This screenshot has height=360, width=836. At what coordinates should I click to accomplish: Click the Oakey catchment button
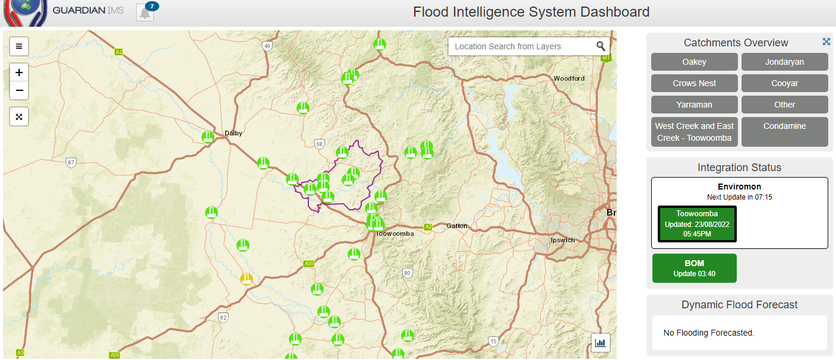point(694,62)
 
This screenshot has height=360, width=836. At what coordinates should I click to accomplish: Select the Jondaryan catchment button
point(784,62)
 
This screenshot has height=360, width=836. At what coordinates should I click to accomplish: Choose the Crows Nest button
point(694,83)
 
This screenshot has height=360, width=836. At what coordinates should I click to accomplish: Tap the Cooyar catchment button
point(784,83)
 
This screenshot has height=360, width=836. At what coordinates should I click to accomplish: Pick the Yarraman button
point(694,105)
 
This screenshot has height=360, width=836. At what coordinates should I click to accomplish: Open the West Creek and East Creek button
point(694,131)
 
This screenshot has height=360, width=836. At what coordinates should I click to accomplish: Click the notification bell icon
point(145,12)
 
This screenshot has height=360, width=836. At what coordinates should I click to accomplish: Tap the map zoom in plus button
point(19,72)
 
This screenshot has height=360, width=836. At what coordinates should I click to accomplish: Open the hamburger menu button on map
point(19,46)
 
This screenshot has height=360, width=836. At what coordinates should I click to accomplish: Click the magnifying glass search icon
point(601,46)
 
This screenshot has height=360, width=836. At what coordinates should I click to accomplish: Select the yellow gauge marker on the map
point(246,279)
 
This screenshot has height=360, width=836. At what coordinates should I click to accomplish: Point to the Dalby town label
point(234,133)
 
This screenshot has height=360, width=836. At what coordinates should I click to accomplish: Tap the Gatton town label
point(457,226)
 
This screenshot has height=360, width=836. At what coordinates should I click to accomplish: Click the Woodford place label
point(569,78)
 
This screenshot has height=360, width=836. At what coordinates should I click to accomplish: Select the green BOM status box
point(694,268)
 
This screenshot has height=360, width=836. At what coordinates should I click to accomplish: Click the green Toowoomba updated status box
point(697,224)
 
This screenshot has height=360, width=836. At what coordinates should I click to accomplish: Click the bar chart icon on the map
point(600,342)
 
